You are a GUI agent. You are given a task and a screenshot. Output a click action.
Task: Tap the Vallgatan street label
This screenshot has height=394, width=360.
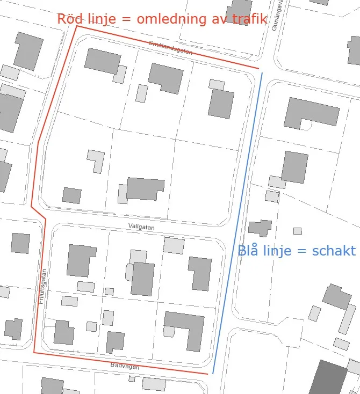142,228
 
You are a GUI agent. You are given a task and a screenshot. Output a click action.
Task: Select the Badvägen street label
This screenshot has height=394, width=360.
125,367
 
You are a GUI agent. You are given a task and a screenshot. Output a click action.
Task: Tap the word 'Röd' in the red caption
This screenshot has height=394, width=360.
69,19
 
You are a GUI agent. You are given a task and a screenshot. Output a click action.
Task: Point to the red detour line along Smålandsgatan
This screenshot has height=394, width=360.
167,47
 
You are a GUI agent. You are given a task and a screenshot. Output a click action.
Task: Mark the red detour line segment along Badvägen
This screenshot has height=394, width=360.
118,363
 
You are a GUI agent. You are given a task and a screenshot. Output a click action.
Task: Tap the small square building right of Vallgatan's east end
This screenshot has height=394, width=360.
297,231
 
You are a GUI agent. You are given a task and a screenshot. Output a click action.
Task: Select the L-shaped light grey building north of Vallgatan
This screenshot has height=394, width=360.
96,160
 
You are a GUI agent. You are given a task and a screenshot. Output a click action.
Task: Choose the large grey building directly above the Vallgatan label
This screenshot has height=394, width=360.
145,188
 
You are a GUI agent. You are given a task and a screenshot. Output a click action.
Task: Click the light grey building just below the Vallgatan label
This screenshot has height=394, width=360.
174,245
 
